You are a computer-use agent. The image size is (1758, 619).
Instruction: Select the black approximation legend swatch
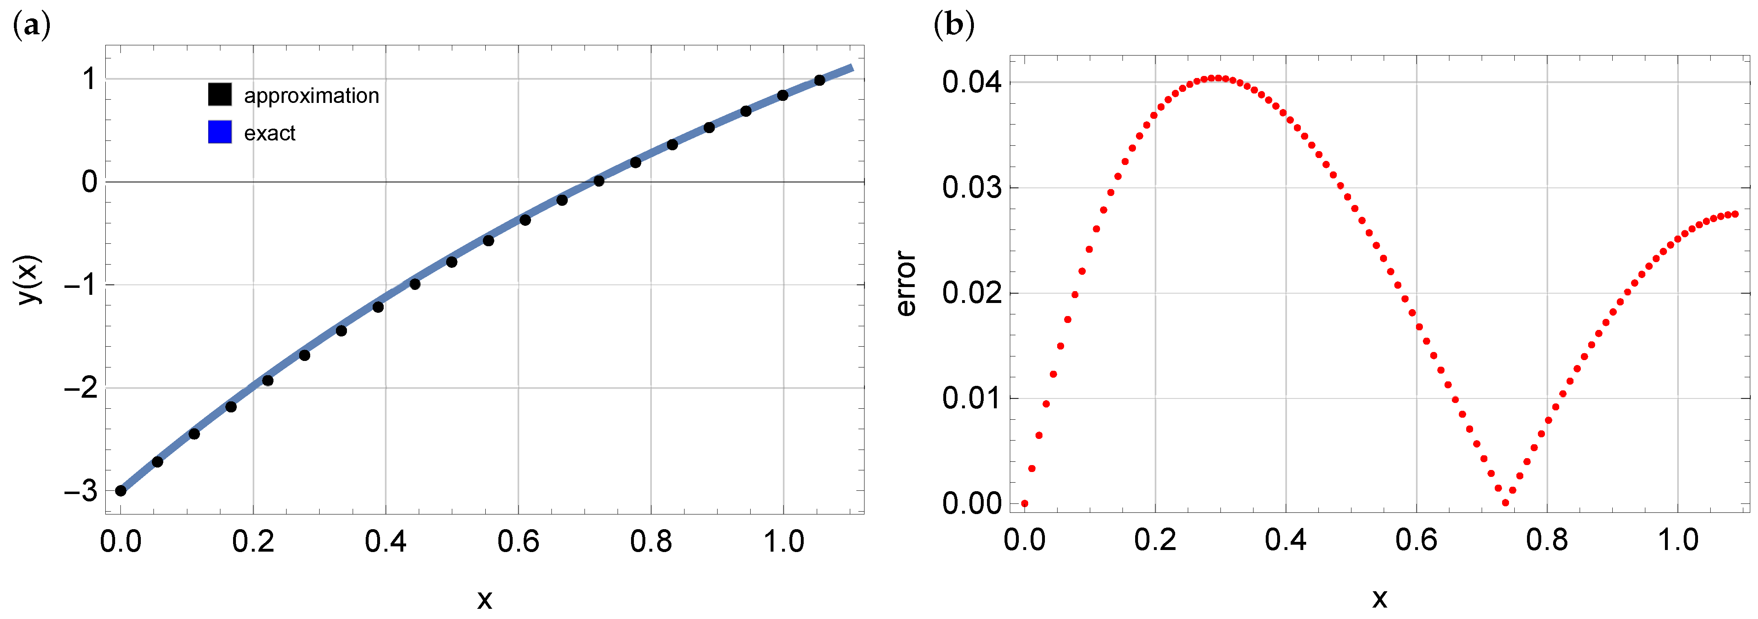click(220, 95)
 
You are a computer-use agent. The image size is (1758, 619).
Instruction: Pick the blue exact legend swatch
click(220, 132)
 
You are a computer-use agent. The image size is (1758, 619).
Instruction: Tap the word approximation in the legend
click(311, 96)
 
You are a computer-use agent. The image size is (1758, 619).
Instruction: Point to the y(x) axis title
click(31, 280)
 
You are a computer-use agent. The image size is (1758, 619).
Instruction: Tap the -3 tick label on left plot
click(80, 491)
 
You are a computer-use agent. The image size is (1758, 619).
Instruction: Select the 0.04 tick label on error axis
click(972, 82)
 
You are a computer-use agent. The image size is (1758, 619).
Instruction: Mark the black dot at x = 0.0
click(121, 491)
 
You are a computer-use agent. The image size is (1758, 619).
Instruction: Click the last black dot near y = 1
click(820, 80)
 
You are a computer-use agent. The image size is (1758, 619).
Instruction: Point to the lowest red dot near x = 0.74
click(1505, 503)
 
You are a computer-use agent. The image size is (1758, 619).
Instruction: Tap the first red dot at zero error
click(1025, 504)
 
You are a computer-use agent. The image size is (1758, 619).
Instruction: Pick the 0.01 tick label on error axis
click(972, 399)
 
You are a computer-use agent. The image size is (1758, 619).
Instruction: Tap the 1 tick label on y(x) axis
click(89, 79)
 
